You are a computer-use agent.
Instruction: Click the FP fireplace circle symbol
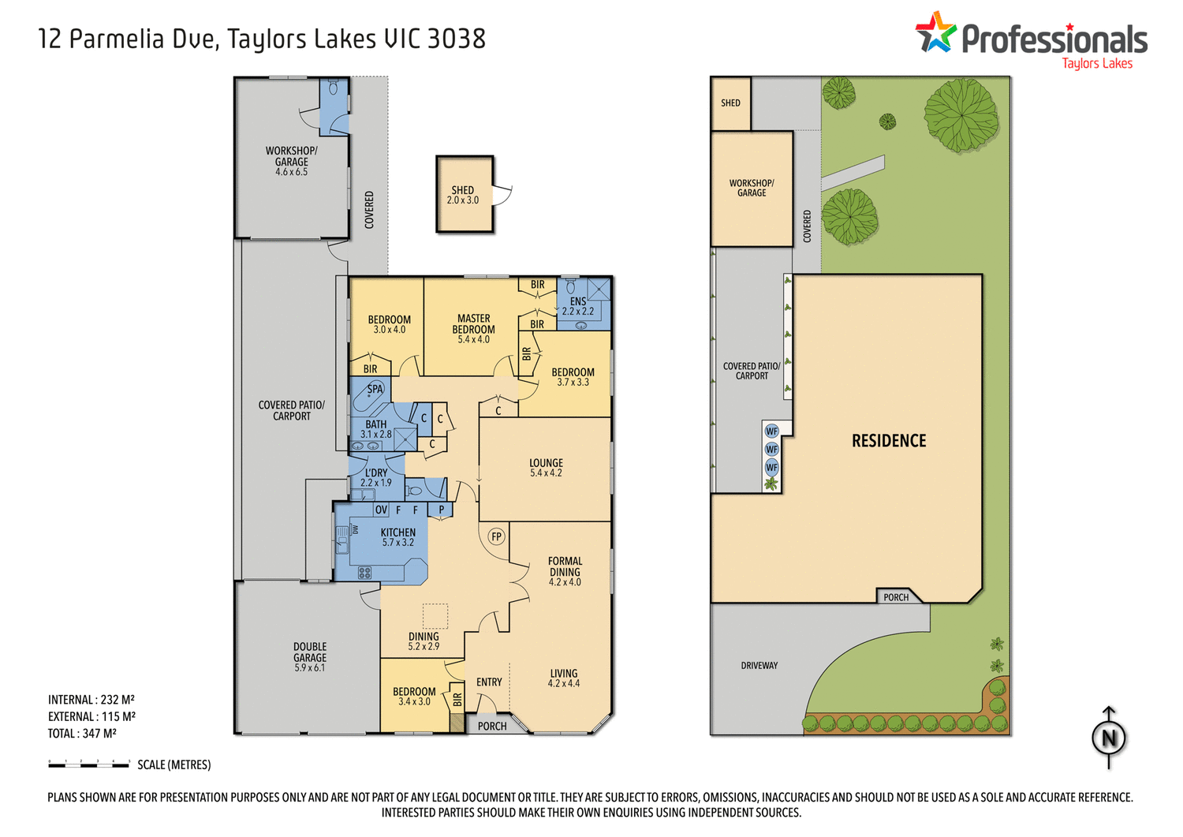tap(496, 536)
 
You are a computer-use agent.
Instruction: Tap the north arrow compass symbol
tap(1109, 738)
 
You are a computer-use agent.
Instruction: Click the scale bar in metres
tap(88, 764)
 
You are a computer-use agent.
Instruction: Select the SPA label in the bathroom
tap(375, 389)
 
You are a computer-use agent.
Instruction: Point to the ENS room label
tap(578, 301)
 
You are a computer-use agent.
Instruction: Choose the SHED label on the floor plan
tap(463, 190)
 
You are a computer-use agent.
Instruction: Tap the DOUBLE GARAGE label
tap(310, 652)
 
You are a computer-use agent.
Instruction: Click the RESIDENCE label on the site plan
tap(889, 441)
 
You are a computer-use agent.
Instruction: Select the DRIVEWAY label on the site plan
tap(759, 666)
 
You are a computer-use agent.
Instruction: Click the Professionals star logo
tap(935, 32)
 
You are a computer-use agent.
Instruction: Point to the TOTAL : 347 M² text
tap(82, 734)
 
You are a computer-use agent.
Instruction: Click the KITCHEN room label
tap(397, 532)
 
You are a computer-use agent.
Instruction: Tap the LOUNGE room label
tap(546, 463)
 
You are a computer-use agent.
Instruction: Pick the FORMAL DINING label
tap(565, 566)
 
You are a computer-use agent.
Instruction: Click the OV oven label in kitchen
tap(381, 510)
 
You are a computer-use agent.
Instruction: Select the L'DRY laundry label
tap(376, 473)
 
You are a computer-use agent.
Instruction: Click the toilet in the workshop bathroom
tap(334, 88)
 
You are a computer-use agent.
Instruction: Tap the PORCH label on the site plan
tap(896, 597)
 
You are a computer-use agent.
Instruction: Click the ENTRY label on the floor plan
tap(489, 682)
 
